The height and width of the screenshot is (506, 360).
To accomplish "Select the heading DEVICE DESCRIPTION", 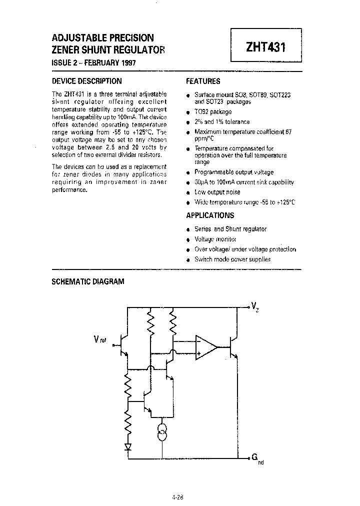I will pos(87,81).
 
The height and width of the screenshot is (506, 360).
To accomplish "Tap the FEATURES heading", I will pos(203,81).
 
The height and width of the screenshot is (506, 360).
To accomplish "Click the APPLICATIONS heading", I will pos(210,215).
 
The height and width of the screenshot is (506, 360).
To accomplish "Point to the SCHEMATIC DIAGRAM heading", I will pos(88,281).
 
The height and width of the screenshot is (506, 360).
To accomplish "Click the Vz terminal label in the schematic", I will pos(255,305).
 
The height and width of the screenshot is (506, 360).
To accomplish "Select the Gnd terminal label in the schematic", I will pos(256,459).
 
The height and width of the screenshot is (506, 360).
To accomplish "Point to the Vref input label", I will pos(100,340).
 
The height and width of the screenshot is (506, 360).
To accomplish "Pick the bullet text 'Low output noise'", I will pos(217,192).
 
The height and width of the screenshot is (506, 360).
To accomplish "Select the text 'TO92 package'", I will pos(213,111).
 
